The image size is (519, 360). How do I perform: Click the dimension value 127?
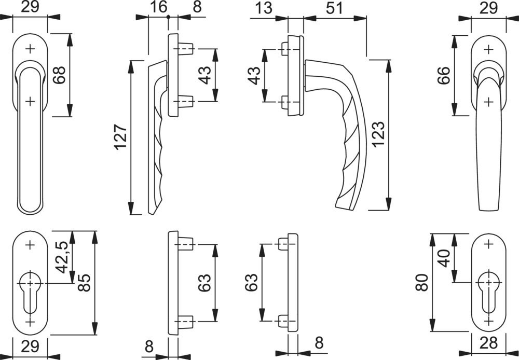point(120,137)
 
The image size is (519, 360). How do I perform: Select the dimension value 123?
point(378,134)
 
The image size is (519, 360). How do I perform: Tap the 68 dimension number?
point(60,75)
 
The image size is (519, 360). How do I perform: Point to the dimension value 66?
point(444,75)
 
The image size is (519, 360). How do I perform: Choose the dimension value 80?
point(421,282)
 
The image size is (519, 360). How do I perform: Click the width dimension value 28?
point(488,343)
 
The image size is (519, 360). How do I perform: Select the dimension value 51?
point(334,8)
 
